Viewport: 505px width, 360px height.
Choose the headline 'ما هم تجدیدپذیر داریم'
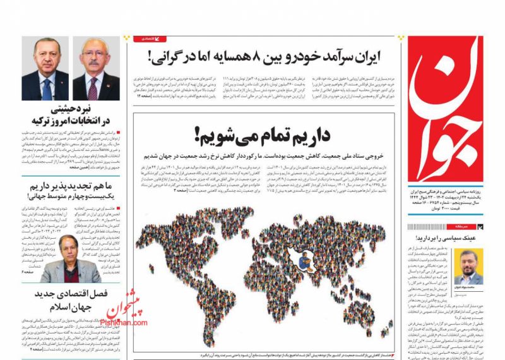coord(70,187)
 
